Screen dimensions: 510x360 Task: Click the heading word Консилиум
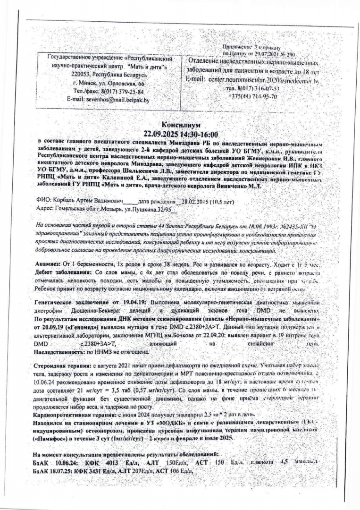click(181, 126)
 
